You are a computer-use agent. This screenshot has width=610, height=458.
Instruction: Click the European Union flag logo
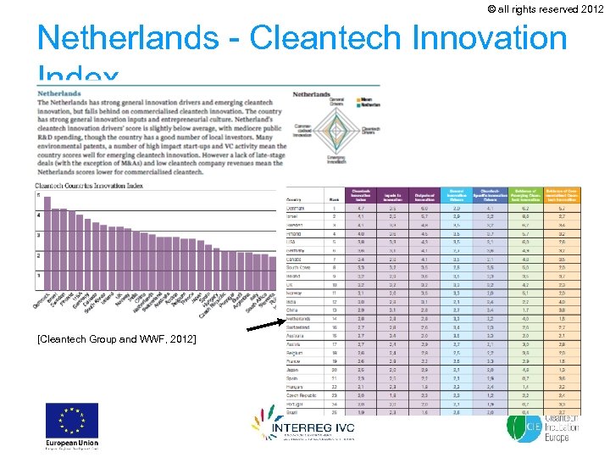(x=72, y=422)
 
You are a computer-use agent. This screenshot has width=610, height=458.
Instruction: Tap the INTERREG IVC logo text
(x=313, y=428)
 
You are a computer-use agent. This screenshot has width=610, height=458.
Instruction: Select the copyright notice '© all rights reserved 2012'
(x=545, y=9)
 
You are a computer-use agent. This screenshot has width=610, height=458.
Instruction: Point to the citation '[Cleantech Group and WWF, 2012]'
(x=117, y=339)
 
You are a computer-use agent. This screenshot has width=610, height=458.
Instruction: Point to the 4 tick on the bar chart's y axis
(x=36, y=215)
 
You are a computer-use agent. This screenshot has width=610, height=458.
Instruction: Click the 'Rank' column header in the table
(x=335, y=200)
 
